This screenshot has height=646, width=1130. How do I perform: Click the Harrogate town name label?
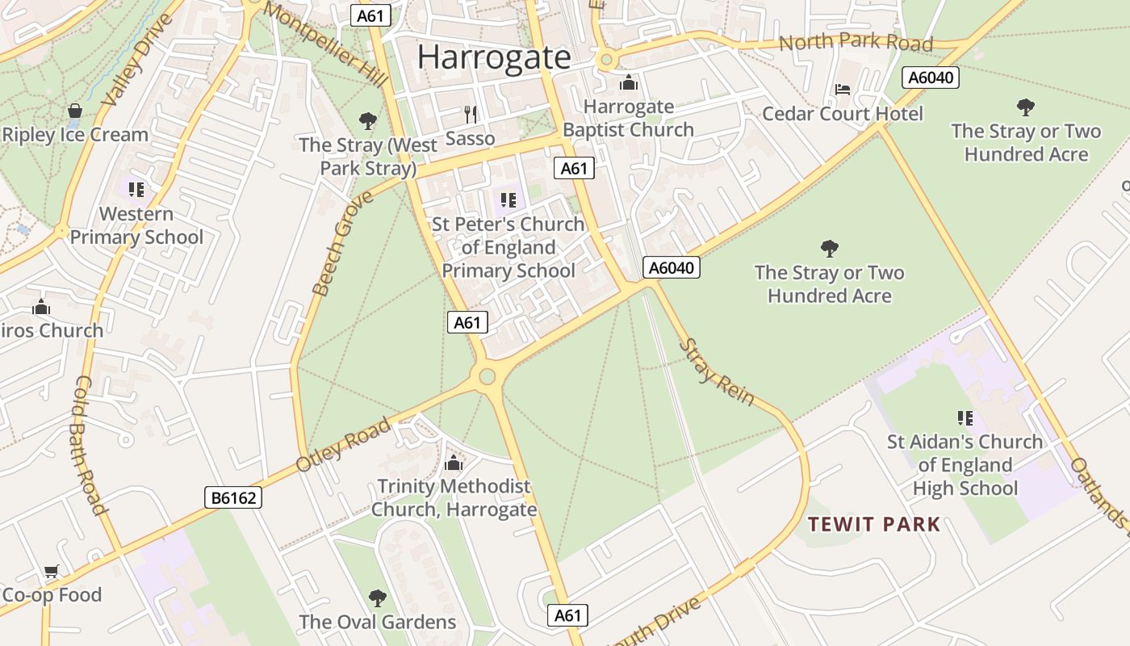coord(494,57)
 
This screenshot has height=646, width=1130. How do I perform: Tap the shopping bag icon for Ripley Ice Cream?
coord(75,111)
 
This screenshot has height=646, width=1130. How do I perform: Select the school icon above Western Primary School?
coord(136,190)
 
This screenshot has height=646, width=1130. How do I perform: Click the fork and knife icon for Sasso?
coord(471,114)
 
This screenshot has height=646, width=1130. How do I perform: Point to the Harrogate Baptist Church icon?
coord(628,82)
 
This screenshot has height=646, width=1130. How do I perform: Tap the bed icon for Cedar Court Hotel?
coord(843,89)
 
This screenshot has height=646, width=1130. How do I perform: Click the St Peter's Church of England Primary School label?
coord(508,247)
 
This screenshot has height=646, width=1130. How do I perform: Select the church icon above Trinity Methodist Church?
coord(454,463)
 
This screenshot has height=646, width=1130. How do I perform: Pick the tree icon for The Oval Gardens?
coord(377,598)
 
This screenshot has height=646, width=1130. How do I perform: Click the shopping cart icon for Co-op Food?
coord(52,572)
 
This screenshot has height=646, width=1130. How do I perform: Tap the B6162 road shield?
coord(232,497)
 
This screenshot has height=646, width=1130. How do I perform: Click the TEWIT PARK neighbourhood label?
coord(874,525)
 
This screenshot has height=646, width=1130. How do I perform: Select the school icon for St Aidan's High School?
coord(965,418)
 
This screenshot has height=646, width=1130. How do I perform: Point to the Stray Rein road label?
coord(716,372)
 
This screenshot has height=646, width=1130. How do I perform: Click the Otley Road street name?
coord(343,445)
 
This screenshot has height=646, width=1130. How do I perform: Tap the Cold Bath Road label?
coord(91,445)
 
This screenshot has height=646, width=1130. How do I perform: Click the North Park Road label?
coord(856,42)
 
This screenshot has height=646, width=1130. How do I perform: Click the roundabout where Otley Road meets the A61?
coord(487,375)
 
